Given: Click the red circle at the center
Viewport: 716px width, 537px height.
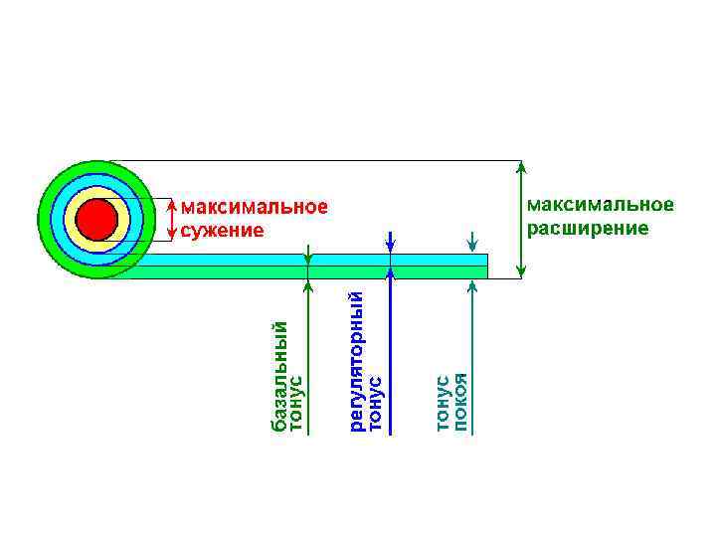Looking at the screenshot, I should point(96,220).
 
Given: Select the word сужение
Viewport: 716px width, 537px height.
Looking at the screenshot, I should point(224,231).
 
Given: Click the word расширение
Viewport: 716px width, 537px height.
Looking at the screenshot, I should point(587,228).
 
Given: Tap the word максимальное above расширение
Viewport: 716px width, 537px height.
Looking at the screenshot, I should point(600,205).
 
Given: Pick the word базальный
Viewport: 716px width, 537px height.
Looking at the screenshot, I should point(279,377).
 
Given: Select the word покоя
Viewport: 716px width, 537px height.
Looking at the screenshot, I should point(459,403).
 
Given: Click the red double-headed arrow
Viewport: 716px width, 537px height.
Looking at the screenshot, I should point(174,220).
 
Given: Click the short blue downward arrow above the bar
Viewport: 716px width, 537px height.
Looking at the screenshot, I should point(391,243).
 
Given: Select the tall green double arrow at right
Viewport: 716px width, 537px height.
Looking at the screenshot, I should point(520,219).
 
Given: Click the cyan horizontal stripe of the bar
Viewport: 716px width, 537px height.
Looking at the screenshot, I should point(298,260).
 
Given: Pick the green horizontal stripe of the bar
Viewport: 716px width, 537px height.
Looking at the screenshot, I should point(298,271).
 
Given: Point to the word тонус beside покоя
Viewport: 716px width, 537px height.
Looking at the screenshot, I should point(442,403).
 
